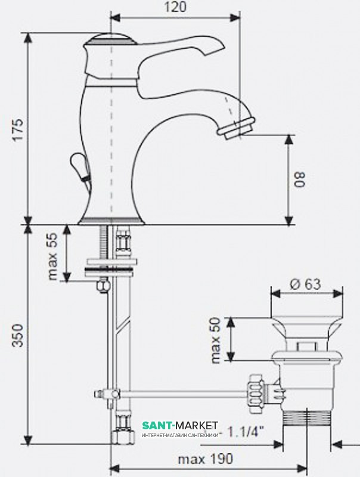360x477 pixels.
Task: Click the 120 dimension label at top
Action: [175, 7]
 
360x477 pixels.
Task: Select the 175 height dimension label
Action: [19, 129]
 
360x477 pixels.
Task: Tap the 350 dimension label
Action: [19, 335]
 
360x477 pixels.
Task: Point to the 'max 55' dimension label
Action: [52, 256]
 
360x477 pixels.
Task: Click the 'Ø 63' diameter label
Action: [305, 284]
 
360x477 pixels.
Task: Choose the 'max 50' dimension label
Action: [215, 340]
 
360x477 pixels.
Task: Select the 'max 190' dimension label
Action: [205, 459]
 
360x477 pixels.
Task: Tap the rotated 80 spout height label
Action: [299, 179]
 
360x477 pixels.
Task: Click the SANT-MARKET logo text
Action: [180, 425]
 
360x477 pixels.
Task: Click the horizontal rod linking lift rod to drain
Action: [182, 394]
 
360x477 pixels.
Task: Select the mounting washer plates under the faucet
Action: [111, 267]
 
